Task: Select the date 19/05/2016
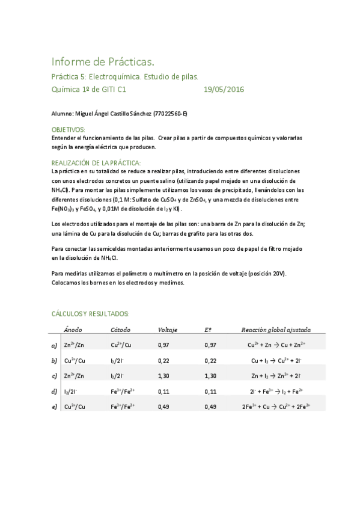pyautogui.click(x=224, y=90)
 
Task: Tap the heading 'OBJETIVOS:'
pyautogui.click(x=69, y=129)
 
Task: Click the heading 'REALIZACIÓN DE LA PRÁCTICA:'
pyautogui.click(x=96, y=163)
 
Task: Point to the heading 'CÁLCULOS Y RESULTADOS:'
pyautogui.click(x=90, y=314)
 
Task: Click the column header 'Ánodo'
pyautogui.click(x=73, y=330)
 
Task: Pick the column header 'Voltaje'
pyautogui.click(x=167, y=330)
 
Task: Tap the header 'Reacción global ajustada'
pyautogui.click(x=276, y=330)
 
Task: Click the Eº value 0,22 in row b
pyautogui.click(x=210, y=360)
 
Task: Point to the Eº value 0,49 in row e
pyautogui.click(x=210, y=407)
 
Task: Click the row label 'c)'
pyautogui.click(x=54, y=376)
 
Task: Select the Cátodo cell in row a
pyautogui.click(x=121, y=345)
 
